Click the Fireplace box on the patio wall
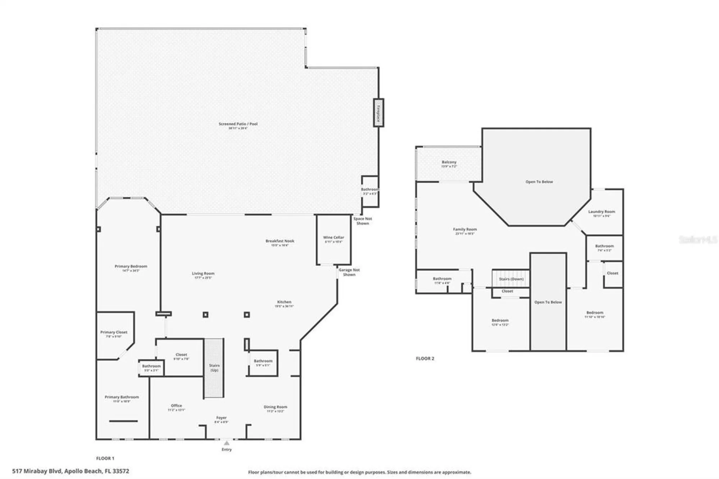point(378,113)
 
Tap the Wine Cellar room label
point(333,237)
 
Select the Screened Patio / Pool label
point(238,124)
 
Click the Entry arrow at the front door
point(226,443)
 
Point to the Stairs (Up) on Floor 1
point(214,368)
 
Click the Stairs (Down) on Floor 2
point(511,279)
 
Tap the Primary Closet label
point(114,332)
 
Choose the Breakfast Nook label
point(280,241)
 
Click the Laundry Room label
point(601,212)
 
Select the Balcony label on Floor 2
point(449,163)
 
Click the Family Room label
point(465,229)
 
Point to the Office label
point(176,406)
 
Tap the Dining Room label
point(275,407)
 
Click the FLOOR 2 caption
point(425,359)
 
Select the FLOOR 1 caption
point(105,459)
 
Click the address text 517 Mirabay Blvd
point(70,471)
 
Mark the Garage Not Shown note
point(349,272)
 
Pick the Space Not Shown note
point(362,221)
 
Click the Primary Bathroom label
point(122,397)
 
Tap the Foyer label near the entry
point(221,418)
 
